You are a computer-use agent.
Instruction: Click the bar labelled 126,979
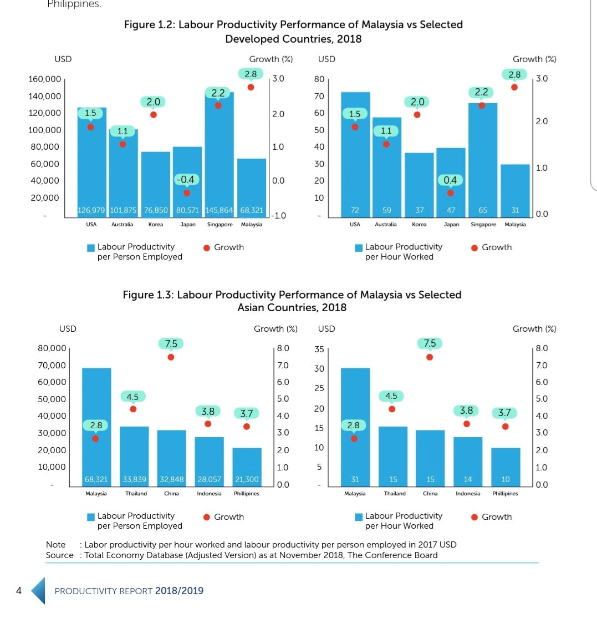pyautogui.click(x=91, y=161)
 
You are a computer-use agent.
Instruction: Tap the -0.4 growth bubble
pyautogui.click(x=186, y=180)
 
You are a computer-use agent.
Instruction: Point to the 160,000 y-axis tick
pyautogui.click(x=44, y=79)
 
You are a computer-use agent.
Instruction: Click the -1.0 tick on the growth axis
pyautogui.click(x=278, y=216)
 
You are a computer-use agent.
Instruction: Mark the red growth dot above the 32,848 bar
pyautogui.click(x=171, y=357)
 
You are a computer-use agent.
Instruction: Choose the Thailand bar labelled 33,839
pyautogui.click(x=134, y=455)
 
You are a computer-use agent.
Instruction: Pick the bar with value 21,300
pyautogui.click(x=247, y=466)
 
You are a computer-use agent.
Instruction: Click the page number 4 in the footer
pyautogui.click(x=19, y=591)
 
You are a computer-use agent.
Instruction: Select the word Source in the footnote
pyautogui.click(x=59, y=555)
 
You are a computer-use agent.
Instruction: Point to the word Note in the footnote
pyautogui.click(x=55, y=545)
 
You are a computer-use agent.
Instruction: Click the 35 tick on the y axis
pyautogui.click(x=319, y=350)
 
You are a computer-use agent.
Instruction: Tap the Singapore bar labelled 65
pyautogui.click(x=483, y=161)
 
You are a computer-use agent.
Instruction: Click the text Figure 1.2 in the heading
pyautogui.click(x=147, y=25)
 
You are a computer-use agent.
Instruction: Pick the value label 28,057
pyautogui.click(x=209, y=479)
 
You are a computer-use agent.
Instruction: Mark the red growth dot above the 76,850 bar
pyautogui.click(x=153, y=115)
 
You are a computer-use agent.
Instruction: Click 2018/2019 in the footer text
pyautogui.click(x=179, y=591)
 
